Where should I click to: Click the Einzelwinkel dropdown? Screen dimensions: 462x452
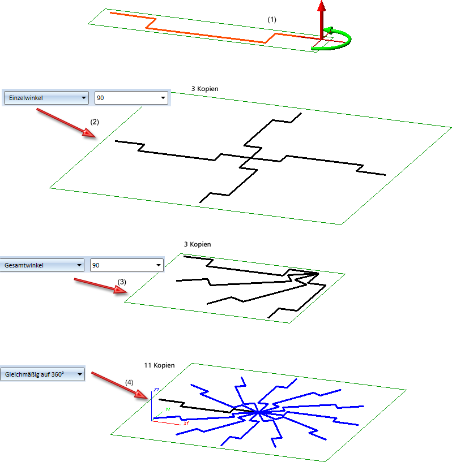click(x=46, y=98)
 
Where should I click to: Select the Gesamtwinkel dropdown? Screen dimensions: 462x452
click(x=43, y=265)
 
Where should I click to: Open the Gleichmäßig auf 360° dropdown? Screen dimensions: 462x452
click(x=43, y=374)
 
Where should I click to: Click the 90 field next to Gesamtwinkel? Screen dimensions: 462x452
click(x=126, y=265)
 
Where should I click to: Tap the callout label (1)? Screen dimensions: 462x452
click(x=272, y=19)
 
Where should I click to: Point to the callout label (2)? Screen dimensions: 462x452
click(x=95, y=122)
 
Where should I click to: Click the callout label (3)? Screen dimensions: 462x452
click(x=122, y=281)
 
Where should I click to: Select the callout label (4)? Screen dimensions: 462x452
click(x=130, y=382)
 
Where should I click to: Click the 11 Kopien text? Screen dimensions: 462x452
click(x=159, y=365)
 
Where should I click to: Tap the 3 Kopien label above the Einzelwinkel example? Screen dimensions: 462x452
click(x=205, y=89)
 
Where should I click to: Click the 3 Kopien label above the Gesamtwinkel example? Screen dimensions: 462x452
click(x=198, y=244)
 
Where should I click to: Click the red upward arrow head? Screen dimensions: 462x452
click(x=322, y=6)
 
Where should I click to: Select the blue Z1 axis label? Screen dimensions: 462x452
click(x=155, y=390)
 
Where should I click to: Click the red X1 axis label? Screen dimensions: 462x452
click(x=185, y=423)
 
